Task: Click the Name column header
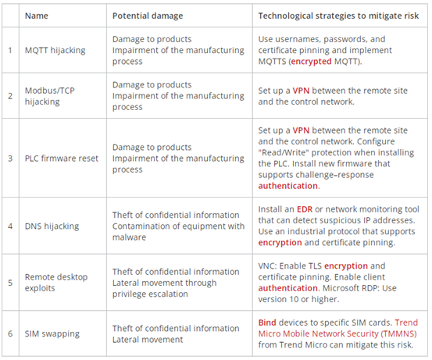(37, 16)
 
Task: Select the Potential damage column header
(148, 16)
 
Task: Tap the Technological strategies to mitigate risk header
(338, 16)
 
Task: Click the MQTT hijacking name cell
(55, 51)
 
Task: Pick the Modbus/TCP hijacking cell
(49, 96)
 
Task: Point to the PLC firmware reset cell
(62, 159)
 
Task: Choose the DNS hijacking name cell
(52, 226)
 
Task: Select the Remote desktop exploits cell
(56, 283)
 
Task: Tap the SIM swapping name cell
(52, 333)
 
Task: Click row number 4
(10, 226)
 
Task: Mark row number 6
(10, 333)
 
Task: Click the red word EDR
(305, 209)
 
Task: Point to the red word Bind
(267, 323)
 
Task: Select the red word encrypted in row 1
(311, 62)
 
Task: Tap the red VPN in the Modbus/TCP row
(301, 91)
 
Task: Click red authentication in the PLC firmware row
(287, 186)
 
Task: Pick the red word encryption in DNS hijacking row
(280, 243)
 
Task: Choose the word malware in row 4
(129, 237)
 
